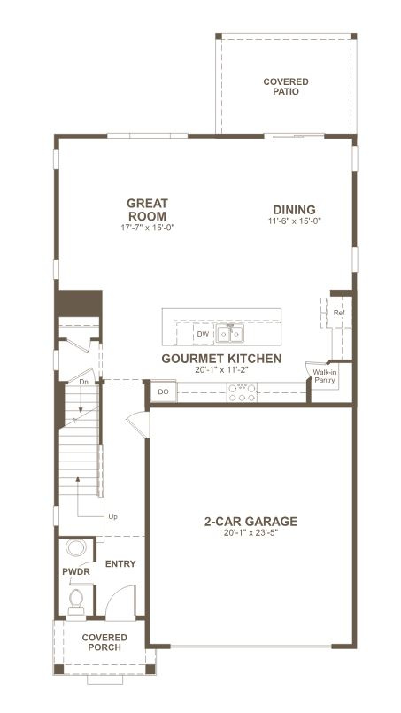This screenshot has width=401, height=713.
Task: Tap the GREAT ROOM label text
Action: tap(147, 209)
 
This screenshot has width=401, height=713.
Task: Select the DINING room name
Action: tap(294, 209)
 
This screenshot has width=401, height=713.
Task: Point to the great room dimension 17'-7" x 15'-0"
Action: tap(147, 228)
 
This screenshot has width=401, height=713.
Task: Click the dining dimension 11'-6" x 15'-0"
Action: tap(294, 221)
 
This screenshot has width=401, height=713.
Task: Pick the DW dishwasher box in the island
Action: tap(203, 334)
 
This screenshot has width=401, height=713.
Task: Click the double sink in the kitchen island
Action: tap(231, 334)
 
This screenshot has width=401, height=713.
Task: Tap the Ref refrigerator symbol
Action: tap(338, 313)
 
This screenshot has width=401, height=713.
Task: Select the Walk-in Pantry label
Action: tap(325, 376)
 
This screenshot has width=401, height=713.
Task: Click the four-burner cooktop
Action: tap(242, 391)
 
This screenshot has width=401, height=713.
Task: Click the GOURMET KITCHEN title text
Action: tap(221, 359)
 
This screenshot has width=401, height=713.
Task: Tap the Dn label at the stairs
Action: tap(83, 382)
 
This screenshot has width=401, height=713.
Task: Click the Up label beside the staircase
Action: tap(112, 516)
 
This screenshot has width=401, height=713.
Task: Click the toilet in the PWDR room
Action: tap(75, 602)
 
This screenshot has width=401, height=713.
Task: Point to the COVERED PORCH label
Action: tap(104, 642)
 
